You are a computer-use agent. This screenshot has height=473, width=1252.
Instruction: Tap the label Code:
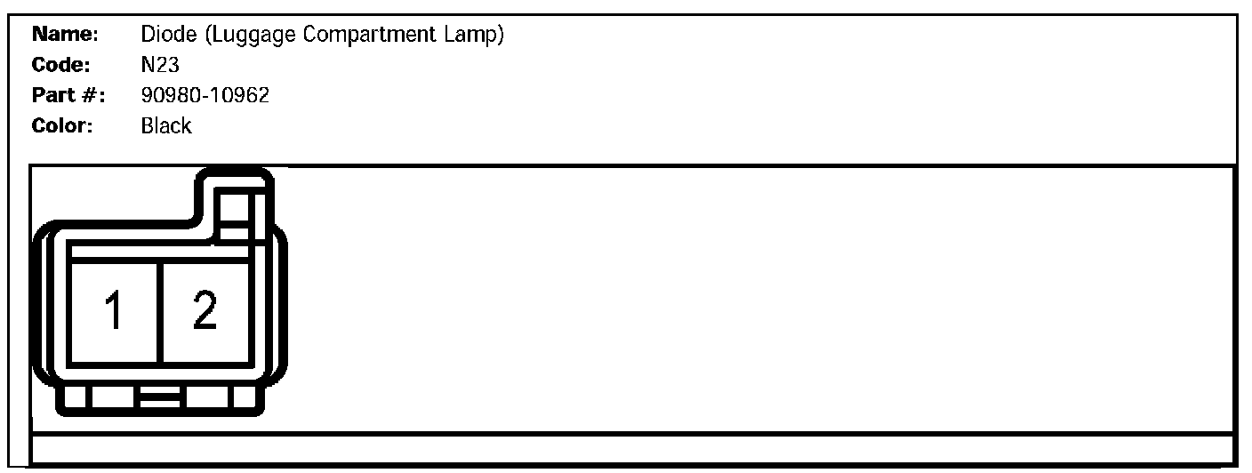[x=62, y=66]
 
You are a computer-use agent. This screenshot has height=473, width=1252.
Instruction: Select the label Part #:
[x=68, y=95]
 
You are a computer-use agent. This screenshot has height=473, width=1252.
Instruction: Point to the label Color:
[x=64, y=125]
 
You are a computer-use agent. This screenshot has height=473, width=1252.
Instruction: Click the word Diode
[x=163, y=36]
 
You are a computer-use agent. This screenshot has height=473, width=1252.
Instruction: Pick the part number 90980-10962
[x=205, y=95]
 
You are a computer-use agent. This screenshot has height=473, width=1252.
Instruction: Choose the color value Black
[x=165, y=125]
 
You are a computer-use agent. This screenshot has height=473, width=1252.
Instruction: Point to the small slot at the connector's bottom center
[x=160, y=397]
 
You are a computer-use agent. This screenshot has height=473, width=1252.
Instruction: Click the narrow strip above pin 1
[x=115, y=253]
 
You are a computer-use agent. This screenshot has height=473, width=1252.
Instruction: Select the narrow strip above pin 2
[x=204, y=253]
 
